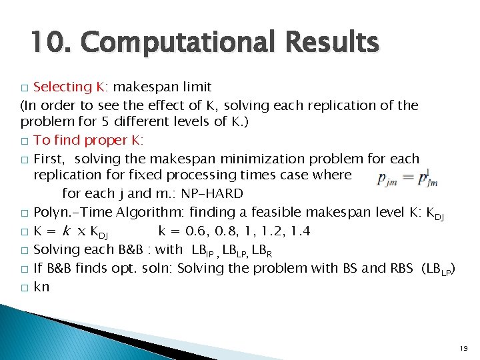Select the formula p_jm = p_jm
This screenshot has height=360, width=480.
(x=403, y=177)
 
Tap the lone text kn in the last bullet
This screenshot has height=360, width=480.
(x=41, y=287)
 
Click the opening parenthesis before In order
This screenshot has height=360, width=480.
(x=23, y=105)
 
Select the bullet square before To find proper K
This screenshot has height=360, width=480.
(x=25, y=141)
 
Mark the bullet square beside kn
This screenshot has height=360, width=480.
(x=25, y=288)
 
